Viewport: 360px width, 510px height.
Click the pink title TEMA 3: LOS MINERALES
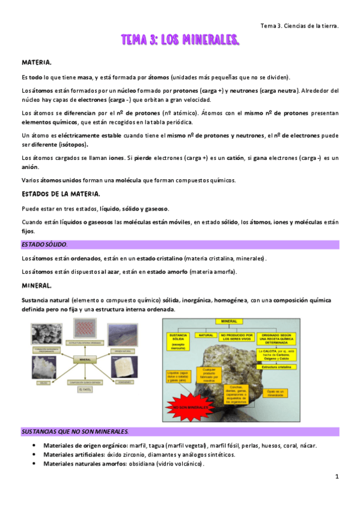tap(180, 40)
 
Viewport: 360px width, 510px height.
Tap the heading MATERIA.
tap(37, 63)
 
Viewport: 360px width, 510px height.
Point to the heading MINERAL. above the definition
tap(37, 284)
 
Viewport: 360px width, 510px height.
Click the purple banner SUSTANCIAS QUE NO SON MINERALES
tap(75, 432)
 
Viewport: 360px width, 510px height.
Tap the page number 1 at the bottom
tap(337, 476)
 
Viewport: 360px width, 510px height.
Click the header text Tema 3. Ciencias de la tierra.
tap(299, 26)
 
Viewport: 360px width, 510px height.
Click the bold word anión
tap(29, 167)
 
